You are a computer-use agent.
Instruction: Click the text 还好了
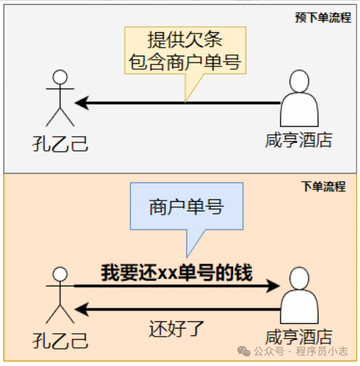coord(176,327)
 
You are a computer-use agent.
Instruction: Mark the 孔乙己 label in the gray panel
coord(60,143)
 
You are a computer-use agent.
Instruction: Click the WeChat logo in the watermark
coord(245,351)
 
